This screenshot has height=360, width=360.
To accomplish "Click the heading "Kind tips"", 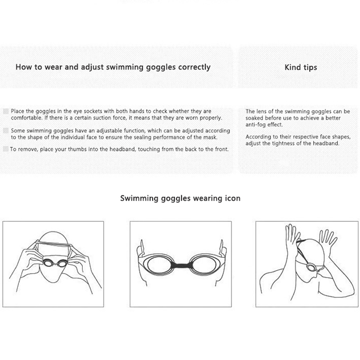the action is pyautogui.click(x=301, y=67).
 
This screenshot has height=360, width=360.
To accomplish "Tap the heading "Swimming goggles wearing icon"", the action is pyautogui.click(x=180, y=198).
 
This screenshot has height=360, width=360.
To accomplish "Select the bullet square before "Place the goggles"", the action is pyautogui.click(x=6, y=111).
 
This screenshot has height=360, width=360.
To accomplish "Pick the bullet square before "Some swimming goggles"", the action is pyautogui.click(x=6, y=130).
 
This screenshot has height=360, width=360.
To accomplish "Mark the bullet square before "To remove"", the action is pyautogui.click(x=6, y=149).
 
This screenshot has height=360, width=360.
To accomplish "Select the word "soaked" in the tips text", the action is pyautogui.click(x=254, y=118).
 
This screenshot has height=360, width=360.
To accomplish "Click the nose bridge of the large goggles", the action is pyautogui.click(x=181, y=265).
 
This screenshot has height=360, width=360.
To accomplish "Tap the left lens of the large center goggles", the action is pyautogui.click(x=160, y=265).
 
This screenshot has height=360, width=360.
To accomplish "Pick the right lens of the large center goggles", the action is pyautogui.click(x=204, y=265).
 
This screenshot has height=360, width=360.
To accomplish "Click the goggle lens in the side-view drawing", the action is pyautogui.click(x=311, y=267).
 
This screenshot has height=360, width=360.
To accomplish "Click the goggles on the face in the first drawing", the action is pyautogui.click(x=55, y=263).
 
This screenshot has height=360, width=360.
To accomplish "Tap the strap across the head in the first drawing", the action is pyautogui.click(x=53, y=243).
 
